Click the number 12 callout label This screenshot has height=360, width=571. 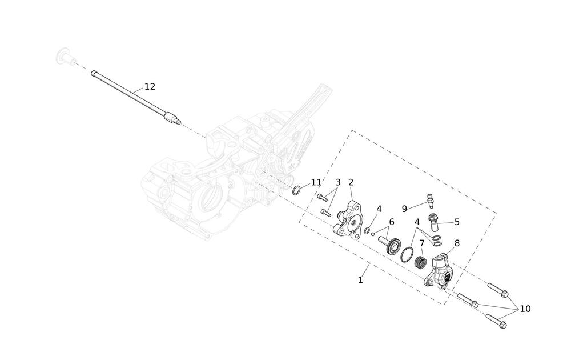[150, 87]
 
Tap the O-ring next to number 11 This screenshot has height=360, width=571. [297, 190]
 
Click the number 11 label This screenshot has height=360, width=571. [316, 183]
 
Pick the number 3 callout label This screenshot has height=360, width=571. [338, 183]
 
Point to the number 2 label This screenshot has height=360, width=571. [351, 183]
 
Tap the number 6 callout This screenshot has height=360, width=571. [392, 222]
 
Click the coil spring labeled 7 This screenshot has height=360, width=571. [421, 264]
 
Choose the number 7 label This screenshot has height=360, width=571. [422, 243]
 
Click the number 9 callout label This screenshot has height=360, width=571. [404, 209]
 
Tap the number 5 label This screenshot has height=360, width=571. [457, 222]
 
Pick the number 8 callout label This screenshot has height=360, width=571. [457, 243]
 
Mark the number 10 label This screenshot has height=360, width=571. [525, 309]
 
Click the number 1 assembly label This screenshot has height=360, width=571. [360, 280]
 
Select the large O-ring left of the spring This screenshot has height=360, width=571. [407, 254]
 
